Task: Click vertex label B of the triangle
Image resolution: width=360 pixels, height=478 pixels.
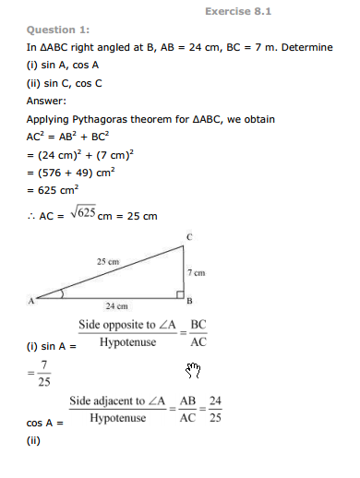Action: [x=190, y=301]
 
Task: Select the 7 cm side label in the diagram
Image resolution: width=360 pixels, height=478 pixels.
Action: [x=198, y=273]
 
